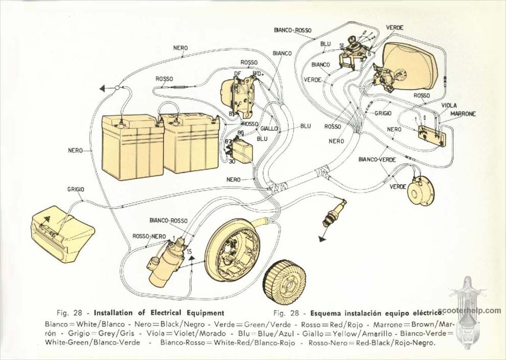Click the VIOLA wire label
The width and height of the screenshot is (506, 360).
coord(449,105)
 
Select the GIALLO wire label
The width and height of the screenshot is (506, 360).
coord(269,129)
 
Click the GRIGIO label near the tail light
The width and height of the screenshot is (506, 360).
coord(76,189)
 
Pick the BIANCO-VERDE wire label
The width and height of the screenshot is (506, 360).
coord(378,160)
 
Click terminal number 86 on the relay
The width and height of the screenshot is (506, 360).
coord(241,132)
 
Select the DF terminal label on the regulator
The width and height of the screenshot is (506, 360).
coord(237,74)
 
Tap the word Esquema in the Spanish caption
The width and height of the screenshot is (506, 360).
coord(321,313)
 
